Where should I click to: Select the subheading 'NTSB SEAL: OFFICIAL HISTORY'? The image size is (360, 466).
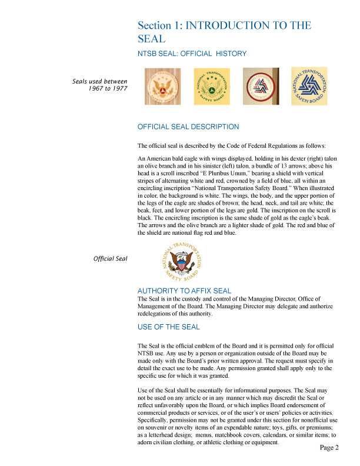[x=191, y=54]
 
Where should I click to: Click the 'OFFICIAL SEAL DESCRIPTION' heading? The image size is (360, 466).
[x=188, y=127]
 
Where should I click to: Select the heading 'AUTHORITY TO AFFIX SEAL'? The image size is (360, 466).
[x=184, y=291]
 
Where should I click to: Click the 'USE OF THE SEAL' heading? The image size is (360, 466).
[x=168, y=327]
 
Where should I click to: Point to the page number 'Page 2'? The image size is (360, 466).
[x=329, y=448]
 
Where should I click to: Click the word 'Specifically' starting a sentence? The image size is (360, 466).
[x=155, y=421]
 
